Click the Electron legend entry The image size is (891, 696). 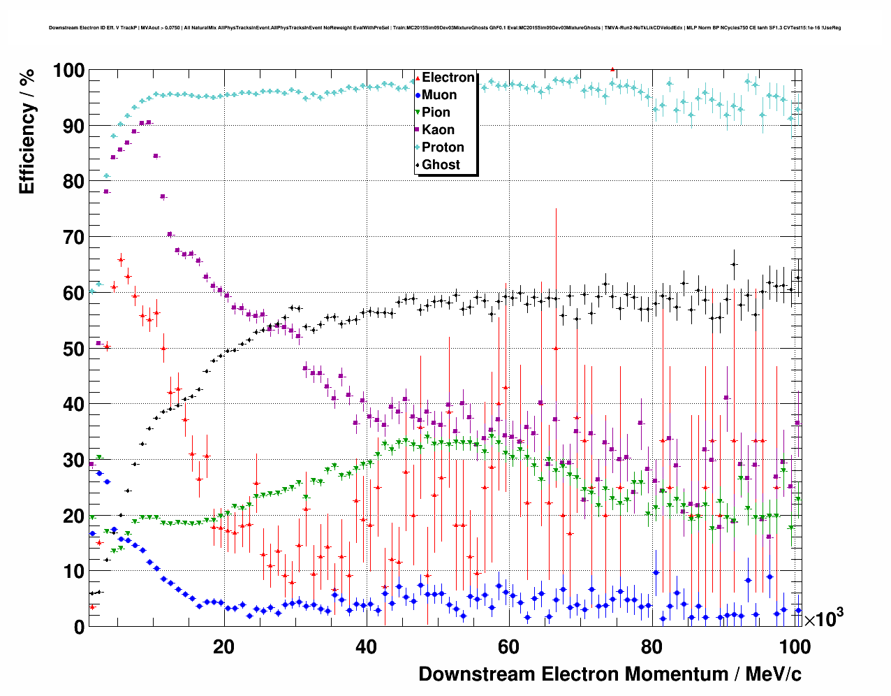click(448, 78)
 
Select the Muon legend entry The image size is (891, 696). click(439, 95)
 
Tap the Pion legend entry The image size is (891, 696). click(436, 113)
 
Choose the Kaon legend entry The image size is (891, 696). click(438, 130)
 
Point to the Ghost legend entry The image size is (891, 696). click(441, 165)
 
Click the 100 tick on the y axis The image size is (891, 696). click(68, 71)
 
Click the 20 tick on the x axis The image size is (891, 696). click(223, 647)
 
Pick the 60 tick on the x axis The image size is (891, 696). click(508, 647)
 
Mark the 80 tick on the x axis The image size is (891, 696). click(651, 647)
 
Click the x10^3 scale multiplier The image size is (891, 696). click(823, 618)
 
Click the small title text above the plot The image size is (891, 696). click(445, 28)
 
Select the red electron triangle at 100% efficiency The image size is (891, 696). click(612, 69)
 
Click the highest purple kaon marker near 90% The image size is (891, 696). click(149, 122)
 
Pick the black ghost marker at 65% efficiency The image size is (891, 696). click(734, 264)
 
